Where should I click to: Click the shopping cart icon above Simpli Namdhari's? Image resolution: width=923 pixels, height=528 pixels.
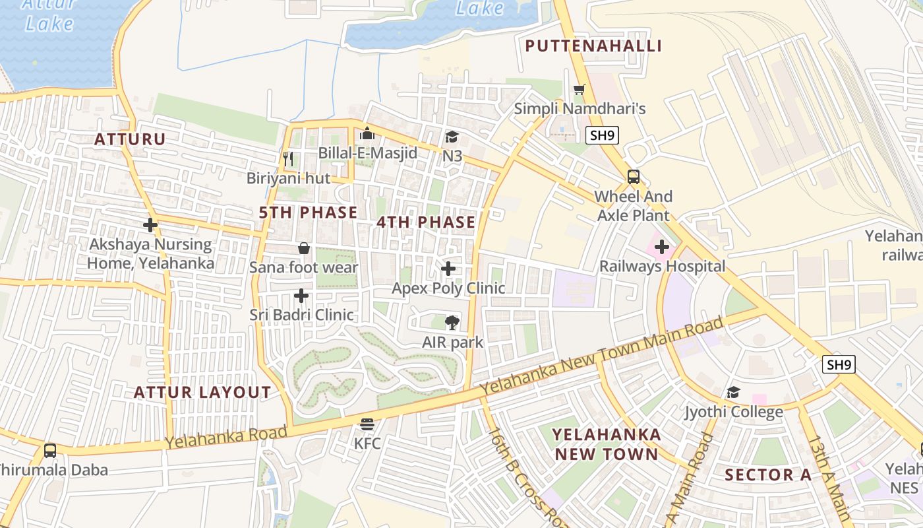(x=580, y=89)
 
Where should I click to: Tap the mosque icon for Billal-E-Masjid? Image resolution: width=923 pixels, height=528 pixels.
(x=367, y=134)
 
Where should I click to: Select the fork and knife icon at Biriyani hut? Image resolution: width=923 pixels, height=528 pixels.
(x=287, y=158)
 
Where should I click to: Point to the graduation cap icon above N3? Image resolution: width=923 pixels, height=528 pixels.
(x=452, y=137)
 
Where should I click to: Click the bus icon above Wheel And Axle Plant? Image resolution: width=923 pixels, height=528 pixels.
(x=633, y=177)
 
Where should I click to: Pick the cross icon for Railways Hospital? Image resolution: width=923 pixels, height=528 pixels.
(x=662, y=247)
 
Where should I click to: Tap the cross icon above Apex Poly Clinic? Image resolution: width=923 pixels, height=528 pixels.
(x=448, y=269)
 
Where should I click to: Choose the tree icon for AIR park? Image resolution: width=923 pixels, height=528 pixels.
(x=452, y=323)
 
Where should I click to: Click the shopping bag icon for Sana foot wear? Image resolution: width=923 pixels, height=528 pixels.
(x=304, y=248)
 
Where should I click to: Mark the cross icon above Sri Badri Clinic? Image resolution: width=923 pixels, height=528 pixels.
(x=301, y=296)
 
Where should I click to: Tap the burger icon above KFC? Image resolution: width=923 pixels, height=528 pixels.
(x=367, y=424)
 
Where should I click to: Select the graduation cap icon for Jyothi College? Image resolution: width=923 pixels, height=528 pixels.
(x=733, y=393)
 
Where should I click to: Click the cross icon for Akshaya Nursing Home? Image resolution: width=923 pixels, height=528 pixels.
(x=150, y=225)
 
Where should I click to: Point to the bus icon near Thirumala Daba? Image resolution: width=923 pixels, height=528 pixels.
(x=50, y=451)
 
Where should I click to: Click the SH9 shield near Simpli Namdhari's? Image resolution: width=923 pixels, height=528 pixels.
(x=602, y=135)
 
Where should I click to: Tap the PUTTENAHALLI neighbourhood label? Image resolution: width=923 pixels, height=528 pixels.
(x=593, y=46)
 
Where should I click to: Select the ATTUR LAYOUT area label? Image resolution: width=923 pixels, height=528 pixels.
(x=202, y=393)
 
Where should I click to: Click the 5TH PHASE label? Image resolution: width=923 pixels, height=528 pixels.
(x=308, y=213)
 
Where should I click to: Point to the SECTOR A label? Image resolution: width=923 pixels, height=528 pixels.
(x=769, y=475)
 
